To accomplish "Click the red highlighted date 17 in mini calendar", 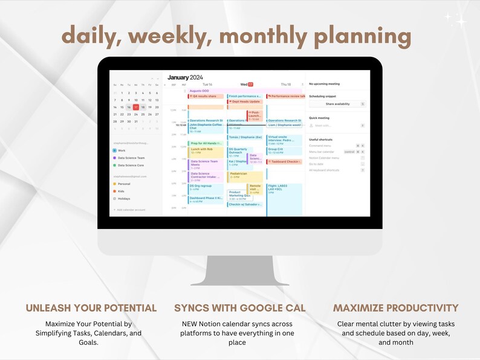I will (x=135, y=107).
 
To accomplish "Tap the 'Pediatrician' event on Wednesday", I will (x=245, y=175).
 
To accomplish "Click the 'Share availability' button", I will (x=337, y=104).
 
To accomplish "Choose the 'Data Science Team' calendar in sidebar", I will (x=131, y=157).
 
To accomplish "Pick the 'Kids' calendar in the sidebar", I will (x=121, y=191).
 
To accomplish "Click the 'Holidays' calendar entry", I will (x=123, y=198).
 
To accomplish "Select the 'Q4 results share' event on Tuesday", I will (x=206, y=96).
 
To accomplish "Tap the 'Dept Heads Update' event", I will (x=245, y=101).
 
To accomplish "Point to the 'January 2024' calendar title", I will (x=186, y=77).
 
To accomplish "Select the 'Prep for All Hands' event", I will (x=206, y=143).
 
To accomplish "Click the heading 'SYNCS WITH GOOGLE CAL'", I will (x=240, y=308).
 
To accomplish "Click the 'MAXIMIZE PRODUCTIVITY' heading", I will (x=395, y=308).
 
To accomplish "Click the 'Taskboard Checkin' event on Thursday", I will (x=284, y=162).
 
